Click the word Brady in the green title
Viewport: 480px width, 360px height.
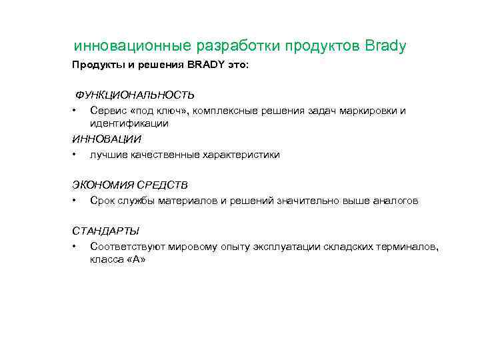[386, 47]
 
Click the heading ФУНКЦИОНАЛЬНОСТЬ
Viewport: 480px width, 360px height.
[134, 95]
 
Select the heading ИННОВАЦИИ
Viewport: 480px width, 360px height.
[107, 139]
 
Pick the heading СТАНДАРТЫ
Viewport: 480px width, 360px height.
[106, 231]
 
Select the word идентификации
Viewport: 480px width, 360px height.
[129, 123]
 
